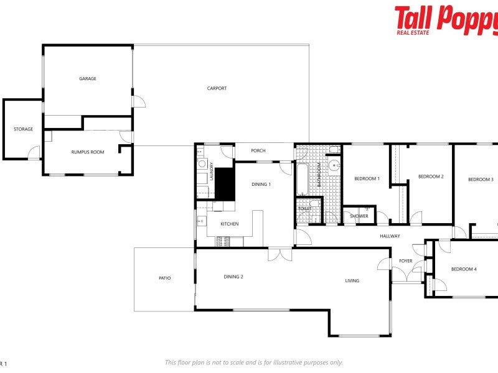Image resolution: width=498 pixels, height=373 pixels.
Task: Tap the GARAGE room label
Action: [x=87, y=79]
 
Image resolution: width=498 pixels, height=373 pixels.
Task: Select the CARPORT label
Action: [x=217, y=88]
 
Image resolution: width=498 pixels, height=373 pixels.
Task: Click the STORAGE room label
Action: [x=24, y=129]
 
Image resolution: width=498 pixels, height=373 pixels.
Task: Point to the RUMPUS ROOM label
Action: [x=87, y=152]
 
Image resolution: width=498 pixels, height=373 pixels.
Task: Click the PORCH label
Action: [x=258, y=150]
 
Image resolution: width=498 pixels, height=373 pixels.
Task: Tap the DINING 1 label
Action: [x=261, y=184]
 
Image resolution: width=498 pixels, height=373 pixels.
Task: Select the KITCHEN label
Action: [x=229, y=224]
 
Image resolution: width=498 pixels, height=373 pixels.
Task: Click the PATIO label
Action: [x=164, y=278]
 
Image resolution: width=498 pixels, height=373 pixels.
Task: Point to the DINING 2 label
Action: [x=233, y=277]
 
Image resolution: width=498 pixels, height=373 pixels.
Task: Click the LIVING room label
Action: [x=352, y=280]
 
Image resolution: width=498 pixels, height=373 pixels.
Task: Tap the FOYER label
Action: [x=406, y=260]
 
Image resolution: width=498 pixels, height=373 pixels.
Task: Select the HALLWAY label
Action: [x=390, y=236]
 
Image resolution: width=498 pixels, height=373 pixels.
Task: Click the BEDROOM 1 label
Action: [x=367, y=179]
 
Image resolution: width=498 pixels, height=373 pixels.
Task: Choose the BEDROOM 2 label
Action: [x=431, y=177]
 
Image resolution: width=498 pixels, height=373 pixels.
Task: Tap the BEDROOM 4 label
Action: [x=464, y=269]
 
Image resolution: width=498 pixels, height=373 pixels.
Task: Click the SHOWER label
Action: [x=359, y=216]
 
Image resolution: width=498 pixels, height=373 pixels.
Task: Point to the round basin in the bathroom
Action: [x=334, y=165]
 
